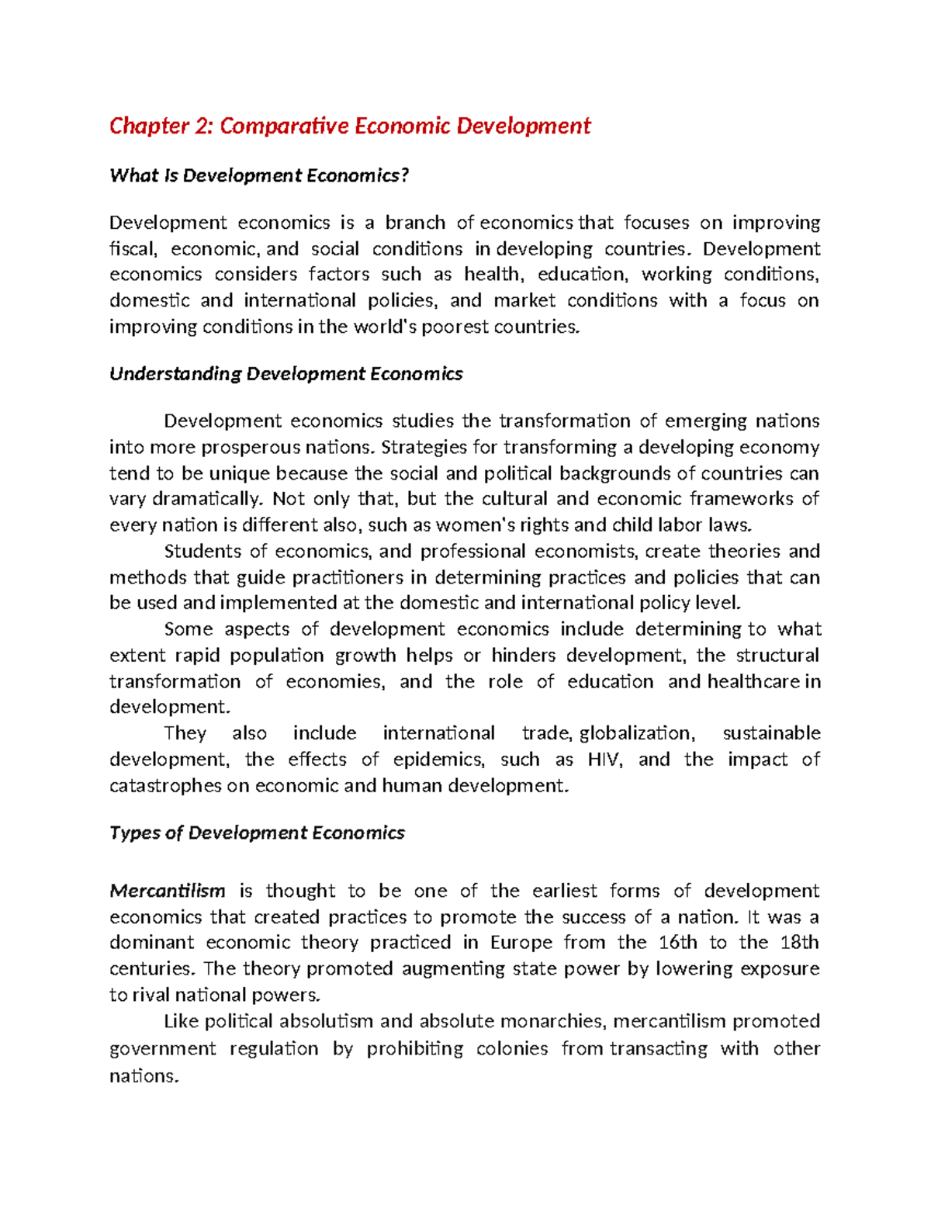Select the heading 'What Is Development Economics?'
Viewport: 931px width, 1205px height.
258,176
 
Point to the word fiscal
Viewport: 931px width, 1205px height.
133,249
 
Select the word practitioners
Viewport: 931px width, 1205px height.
331,578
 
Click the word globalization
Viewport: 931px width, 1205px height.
638,734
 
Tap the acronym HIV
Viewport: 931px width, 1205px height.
604,760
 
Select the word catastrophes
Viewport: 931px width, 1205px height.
165,786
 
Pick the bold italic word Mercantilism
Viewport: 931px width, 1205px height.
167,891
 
